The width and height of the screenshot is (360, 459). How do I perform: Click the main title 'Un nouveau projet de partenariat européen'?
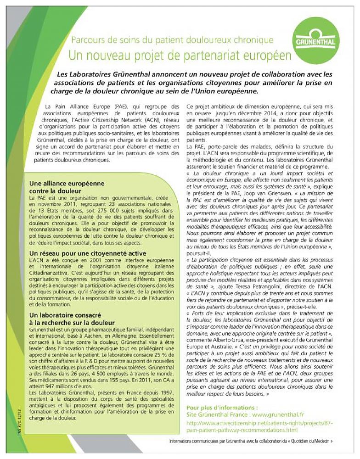click(x=180, y=56)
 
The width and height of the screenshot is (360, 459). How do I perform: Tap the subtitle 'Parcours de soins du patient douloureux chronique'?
click(x=172, y=40)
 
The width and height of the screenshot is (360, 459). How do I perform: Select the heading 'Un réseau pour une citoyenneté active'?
click(x=88, y=253)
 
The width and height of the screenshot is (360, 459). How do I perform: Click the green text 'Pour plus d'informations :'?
click(x=222, y=407)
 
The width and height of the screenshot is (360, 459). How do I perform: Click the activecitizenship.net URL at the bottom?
click(x=259, y=426)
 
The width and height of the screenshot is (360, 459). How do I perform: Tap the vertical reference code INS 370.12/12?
click(x=22, y=420)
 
